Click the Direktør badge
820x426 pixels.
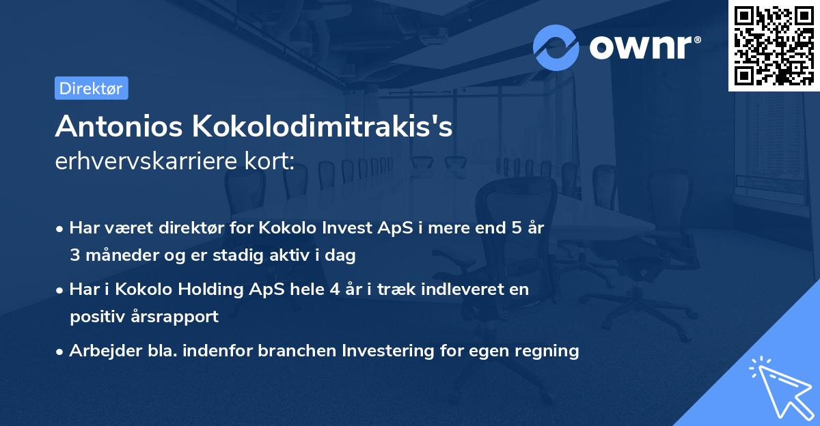(91, 88)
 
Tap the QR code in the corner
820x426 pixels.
(774, 45)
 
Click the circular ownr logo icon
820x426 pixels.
(556, 47)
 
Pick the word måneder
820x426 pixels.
(119, 255)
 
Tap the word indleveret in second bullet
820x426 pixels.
(465, 289)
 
